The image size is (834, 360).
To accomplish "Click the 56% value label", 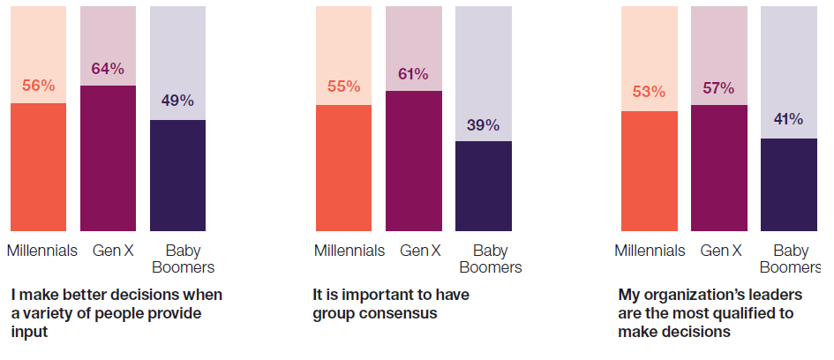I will (38, 86).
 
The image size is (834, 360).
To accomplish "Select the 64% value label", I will (108, 68).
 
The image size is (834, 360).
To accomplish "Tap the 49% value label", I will (177, 101).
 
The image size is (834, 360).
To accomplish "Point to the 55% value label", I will (343, 86).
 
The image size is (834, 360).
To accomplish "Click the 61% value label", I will (412, 73).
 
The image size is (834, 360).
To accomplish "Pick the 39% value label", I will (483, 124).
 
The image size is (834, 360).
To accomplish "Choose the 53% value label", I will (649, 92).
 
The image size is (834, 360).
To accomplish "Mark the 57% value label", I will (718, 87).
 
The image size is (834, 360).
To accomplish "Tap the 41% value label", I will (787, 119).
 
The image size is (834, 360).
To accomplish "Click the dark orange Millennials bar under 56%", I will (38, 167).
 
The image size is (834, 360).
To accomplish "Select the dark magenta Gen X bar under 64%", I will (108, 158).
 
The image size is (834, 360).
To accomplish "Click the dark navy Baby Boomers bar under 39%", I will (483, 186).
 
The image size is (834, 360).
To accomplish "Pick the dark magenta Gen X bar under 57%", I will (718, 168).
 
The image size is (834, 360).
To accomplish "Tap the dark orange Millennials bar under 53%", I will (649, 171).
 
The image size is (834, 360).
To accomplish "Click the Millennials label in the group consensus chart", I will (349, 251).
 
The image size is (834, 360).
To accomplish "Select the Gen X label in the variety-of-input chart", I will (113, 251).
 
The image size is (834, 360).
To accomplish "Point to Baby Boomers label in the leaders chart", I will (790, 259).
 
